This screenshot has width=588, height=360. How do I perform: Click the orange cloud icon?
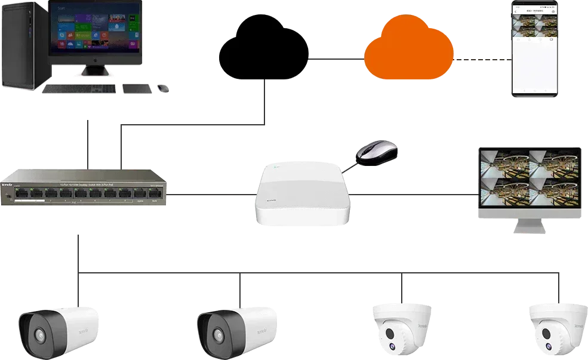click(x=409, y=51)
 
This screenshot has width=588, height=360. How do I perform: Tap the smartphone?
click(x=534, y=48)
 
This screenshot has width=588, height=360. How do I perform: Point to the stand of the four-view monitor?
click(x=530, y=227)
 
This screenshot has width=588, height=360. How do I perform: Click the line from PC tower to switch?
click(x=88, y=143)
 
